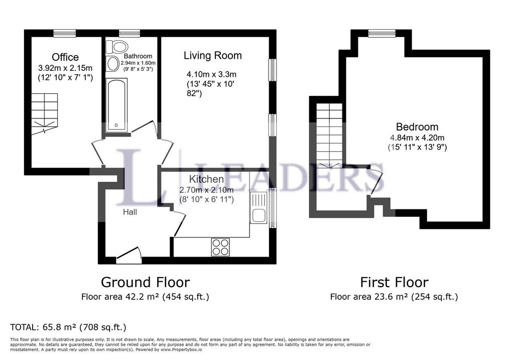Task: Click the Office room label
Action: pos(65,57)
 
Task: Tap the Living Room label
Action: pos(212,55)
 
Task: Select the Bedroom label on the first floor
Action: pos(417,127)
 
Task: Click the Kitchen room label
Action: pos(206,179)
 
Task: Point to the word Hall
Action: pos(130,212)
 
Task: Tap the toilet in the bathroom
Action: pos(119,47)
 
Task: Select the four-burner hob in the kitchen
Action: pos(220,247)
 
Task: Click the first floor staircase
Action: pos(330,136)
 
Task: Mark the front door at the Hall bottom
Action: pos(130,256)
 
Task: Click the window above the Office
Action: pos(65,33)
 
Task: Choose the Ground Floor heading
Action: pos(145,282)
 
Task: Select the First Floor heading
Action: pos(394,282)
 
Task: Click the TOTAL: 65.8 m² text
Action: pos(69,327)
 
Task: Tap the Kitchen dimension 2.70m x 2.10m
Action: pos(206,190)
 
